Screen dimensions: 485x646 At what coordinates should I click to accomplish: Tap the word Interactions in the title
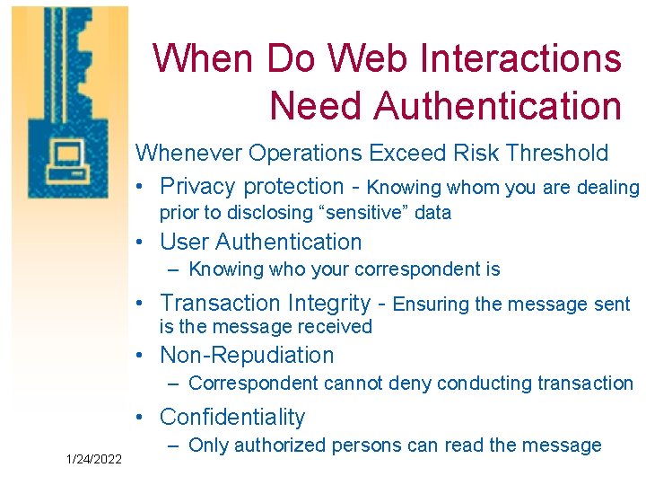[x=524, y=58]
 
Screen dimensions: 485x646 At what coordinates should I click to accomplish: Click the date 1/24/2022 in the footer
[x=95, y=459]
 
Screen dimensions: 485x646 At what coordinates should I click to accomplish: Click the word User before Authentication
[x=184, y=242]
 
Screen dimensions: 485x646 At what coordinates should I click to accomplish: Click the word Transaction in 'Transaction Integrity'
[x=220, y=304]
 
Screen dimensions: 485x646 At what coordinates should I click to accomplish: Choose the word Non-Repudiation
[x=247, y=356]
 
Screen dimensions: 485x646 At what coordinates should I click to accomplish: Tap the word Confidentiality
[x=232, y=417]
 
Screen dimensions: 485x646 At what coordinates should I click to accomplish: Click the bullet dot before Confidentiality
[x=141, y=418]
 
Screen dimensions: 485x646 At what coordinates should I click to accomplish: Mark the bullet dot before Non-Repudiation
[x=141, y=357]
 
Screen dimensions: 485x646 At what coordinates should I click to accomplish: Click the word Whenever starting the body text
[x=188, y=153]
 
